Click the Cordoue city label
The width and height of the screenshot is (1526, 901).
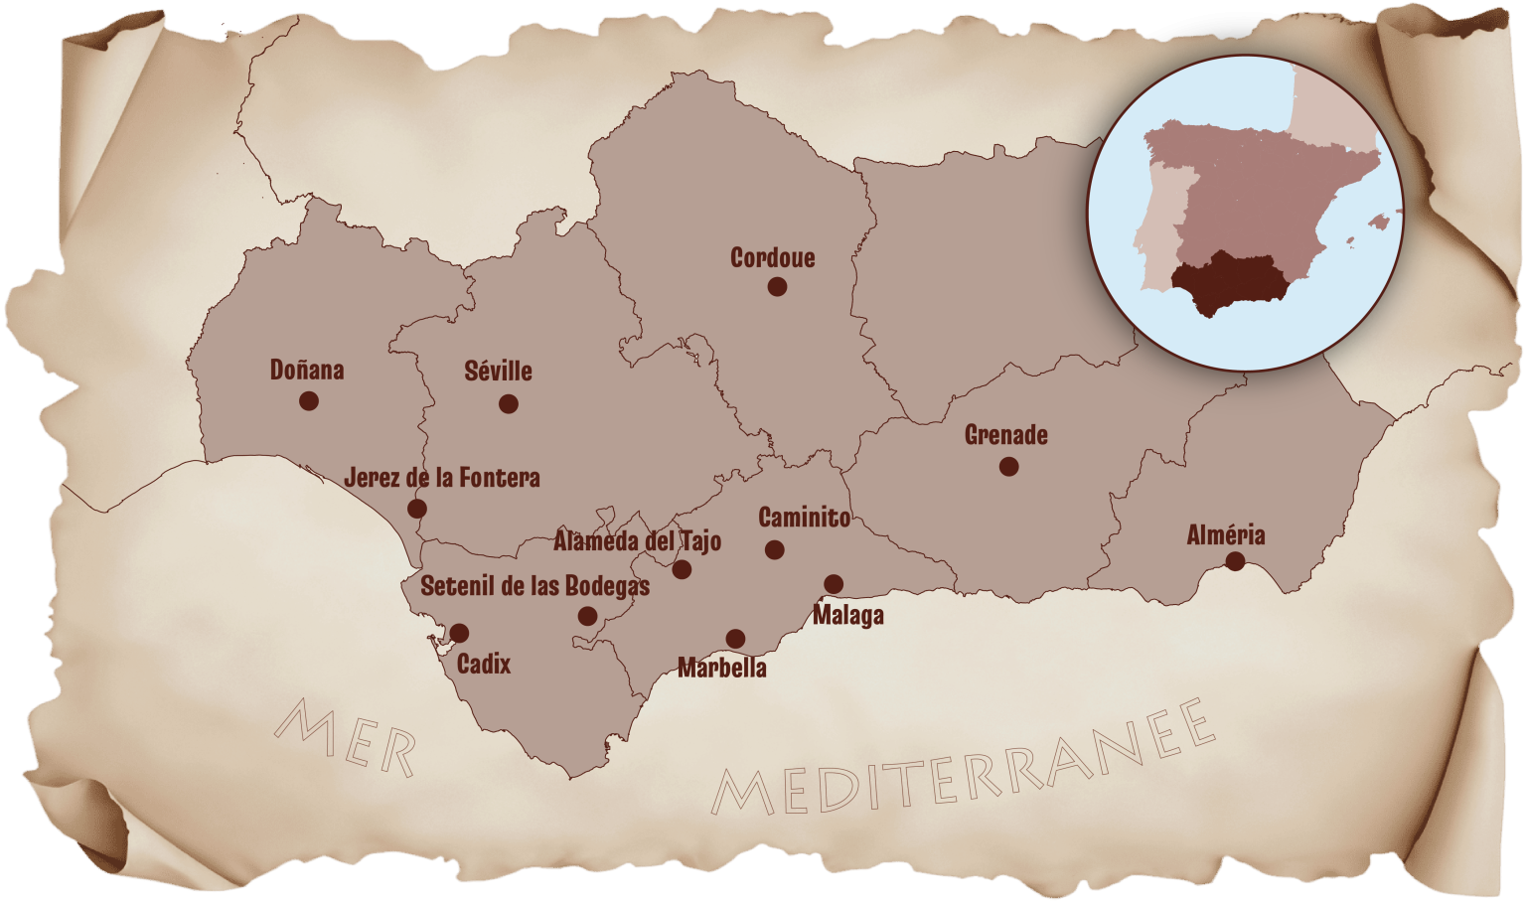click(772, 258)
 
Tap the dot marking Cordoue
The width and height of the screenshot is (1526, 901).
click(777, 286)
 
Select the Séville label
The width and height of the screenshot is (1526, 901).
click(499, 372)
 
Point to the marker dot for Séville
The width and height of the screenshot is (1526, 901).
click(509, 403)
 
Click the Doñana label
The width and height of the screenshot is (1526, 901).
click(307, 371)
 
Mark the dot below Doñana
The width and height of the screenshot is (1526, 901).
click(309, 400)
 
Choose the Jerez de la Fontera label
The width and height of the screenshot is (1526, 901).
click(442, 478)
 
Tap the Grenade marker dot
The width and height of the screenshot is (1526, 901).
click(1008, 466)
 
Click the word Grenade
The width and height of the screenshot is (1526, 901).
click(1006, 435)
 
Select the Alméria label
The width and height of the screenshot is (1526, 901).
click(1226, 535)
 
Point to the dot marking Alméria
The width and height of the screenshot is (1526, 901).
click(1235, 561)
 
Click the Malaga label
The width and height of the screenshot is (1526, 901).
click(848, 616)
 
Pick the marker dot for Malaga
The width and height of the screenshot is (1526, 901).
click(834, 584)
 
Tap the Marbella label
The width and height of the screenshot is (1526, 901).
click(722, 668)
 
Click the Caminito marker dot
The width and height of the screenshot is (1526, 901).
click(775, 549)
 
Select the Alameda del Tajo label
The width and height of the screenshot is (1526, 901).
click(637, 542)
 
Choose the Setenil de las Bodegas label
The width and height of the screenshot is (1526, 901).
click(534, 586)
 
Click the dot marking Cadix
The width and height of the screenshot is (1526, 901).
click(459, 633)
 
